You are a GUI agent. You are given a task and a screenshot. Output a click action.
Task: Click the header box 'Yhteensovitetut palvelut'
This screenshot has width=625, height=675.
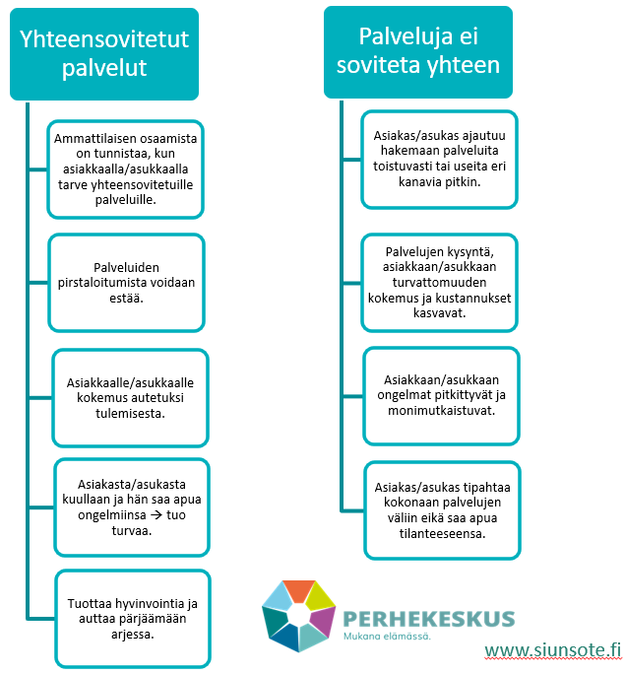click(104, 54)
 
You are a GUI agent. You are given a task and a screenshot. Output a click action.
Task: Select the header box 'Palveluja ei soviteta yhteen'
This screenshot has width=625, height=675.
click(417, 52)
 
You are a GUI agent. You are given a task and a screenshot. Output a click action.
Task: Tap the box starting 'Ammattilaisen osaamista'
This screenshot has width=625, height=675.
click(125, 169)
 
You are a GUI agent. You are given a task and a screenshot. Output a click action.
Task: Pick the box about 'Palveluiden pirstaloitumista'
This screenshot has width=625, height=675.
click(126, 283)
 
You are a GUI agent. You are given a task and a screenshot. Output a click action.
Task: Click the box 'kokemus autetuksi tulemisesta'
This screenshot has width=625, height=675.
click(130, 398)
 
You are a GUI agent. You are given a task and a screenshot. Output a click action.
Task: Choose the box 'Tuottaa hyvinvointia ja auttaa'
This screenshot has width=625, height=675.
click(133, 619)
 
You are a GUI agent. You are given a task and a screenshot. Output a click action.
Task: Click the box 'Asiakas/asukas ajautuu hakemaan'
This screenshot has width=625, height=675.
click(439, 160)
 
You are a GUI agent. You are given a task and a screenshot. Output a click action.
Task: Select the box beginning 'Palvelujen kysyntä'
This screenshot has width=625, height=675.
click(439, 283)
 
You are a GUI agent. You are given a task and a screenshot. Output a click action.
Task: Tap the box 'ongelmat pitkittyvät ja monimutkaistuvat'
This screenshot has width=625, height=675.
click(441, 396)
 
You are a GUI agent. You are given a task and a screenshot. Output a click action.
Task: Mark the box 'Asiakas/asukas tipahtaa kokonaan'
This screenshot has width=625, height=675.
click(442, 510)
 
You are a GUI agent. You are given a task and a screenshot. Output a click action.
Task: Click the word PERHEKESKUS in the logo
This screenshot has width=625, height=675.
click(429, 620)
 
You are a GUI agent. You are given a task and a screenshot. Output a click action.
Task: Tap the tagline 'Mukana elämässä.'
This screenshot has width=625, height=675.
click(387, 636)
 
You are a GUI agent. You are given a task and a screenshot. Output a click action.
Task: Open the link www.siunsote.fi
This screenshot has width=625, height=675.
click(553, 650)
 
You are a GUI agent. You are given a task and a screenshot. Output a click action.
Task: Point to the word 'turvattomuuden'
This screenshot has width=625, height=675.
click(439, 283)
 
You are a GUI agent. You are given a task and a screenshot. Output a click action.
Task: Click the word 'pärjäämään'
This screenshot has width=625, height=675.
click(153, 619)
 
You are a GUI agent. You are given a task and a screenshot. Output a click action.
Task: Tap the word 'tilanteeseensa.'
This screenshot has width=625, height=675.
click(442, 534)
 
